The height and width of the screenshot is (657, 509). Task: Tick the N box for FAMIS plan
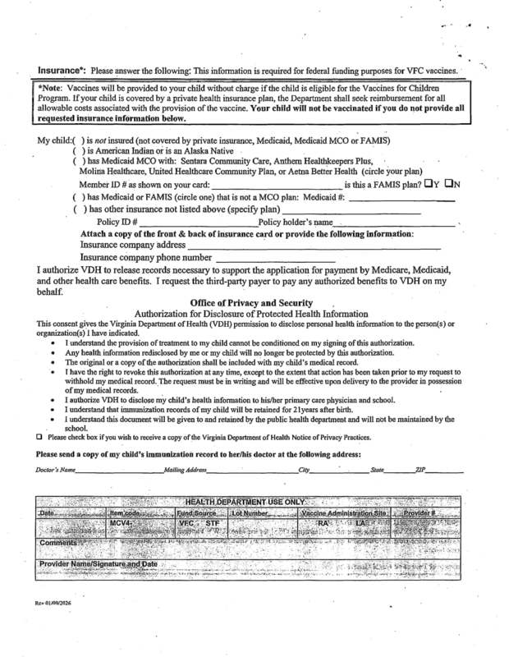click(447, 183)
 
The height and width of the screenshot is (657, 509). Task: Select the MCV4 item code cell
click(125, 522)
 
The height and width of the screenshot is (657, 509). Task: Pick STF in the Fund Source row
click(212, 522)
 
